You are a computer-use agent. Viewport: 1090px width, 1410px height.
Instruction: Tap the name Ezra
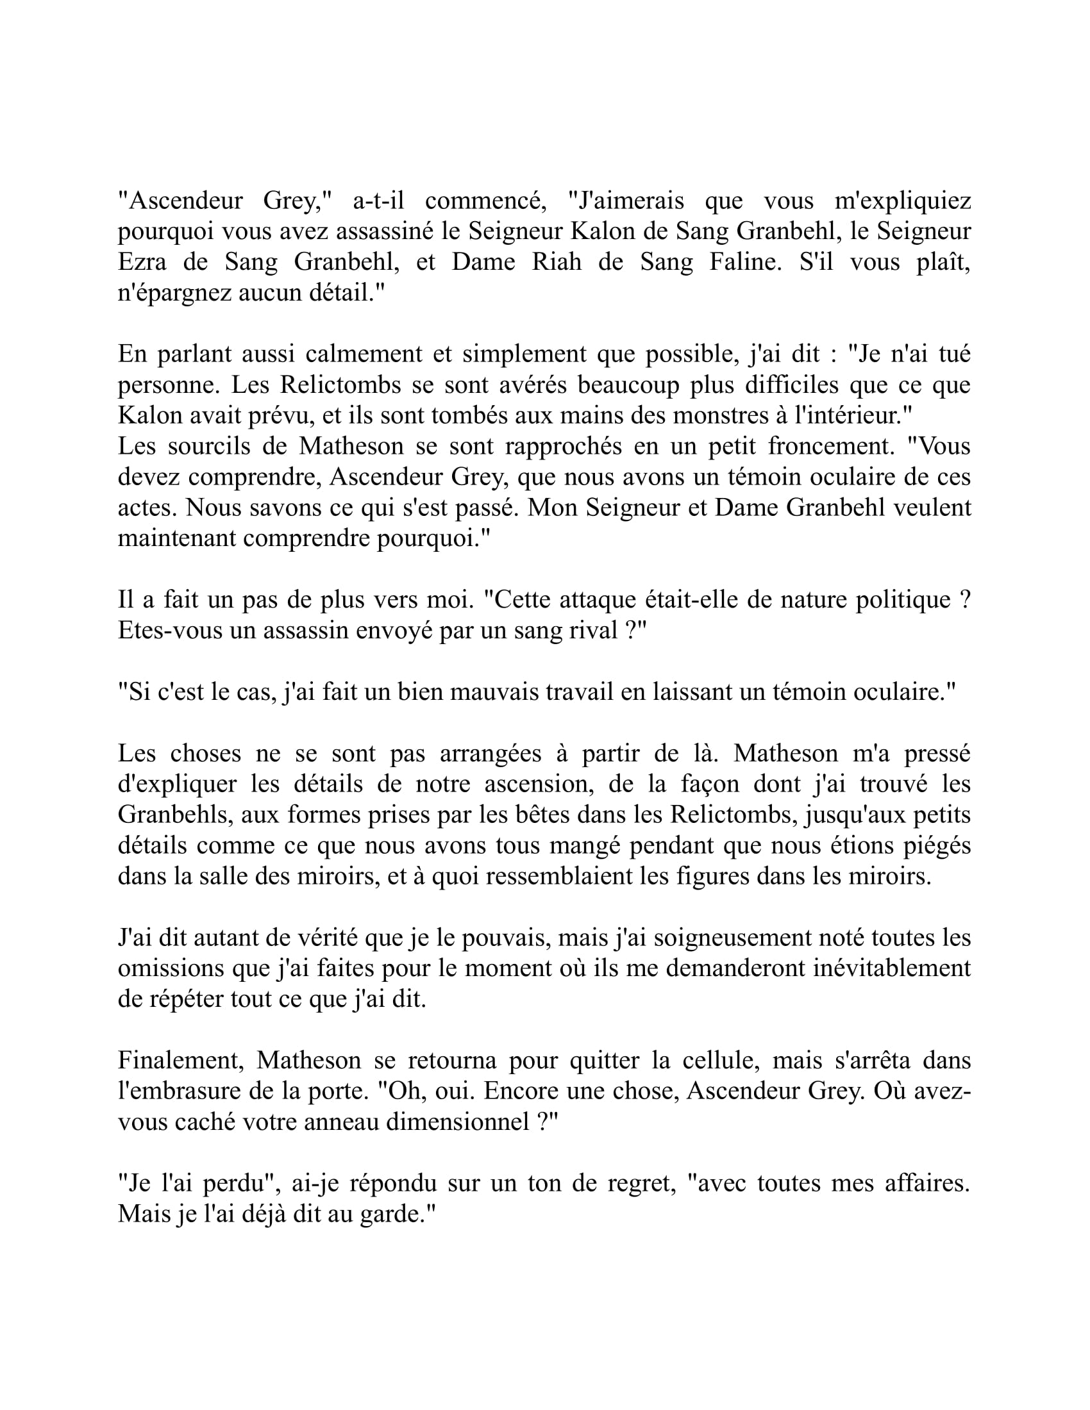[x=142, y=261]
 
